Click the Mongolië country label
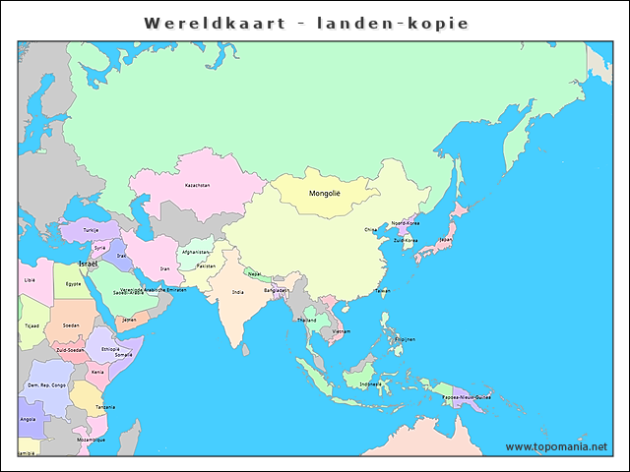324,194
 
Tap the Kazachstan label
197,185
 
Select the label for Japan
445,239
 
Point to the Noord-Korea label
406,223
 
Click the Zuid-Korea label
406,240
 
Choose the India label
238,292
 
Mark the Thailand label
306,320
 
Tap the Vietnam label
341,331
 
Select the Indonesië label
370,384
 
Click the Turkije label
91,230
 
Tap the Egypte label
73,283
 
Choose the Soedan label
71,324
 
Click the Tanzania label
105,407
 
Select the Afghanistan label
196,251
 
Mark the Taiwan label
382,291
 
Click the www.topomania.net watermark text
556,446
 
